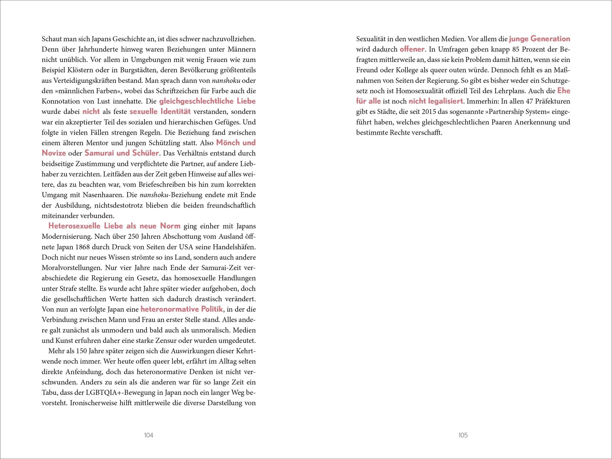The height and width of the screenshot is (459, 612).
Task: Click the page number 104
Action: [x=149, y=435]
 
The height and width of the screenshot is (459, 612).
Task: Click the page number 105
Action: [x=463, y=435]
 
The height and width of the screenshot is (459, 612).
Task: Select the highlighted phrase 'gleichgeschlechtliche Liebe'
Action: [x=207, y=101]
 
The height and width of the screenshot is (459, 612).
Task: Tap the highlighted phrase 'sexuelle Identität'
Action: [x=160, y=112]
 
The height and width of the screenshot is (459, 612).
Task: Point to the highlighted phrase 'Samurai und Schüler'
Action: [x=122, y=153]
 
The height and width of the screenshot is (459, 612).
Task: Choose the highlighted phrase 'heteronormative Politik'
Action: [x=182, y=309]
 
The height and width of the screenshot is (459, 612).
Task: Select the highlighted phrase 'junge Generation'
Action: [x=540, y=39]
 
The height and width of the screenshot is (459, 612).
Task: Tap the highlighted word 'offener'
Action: [x=412, y=49]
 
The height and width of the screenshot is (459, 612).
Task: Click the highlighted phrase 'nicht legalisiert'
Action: [x=436, y=101]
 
